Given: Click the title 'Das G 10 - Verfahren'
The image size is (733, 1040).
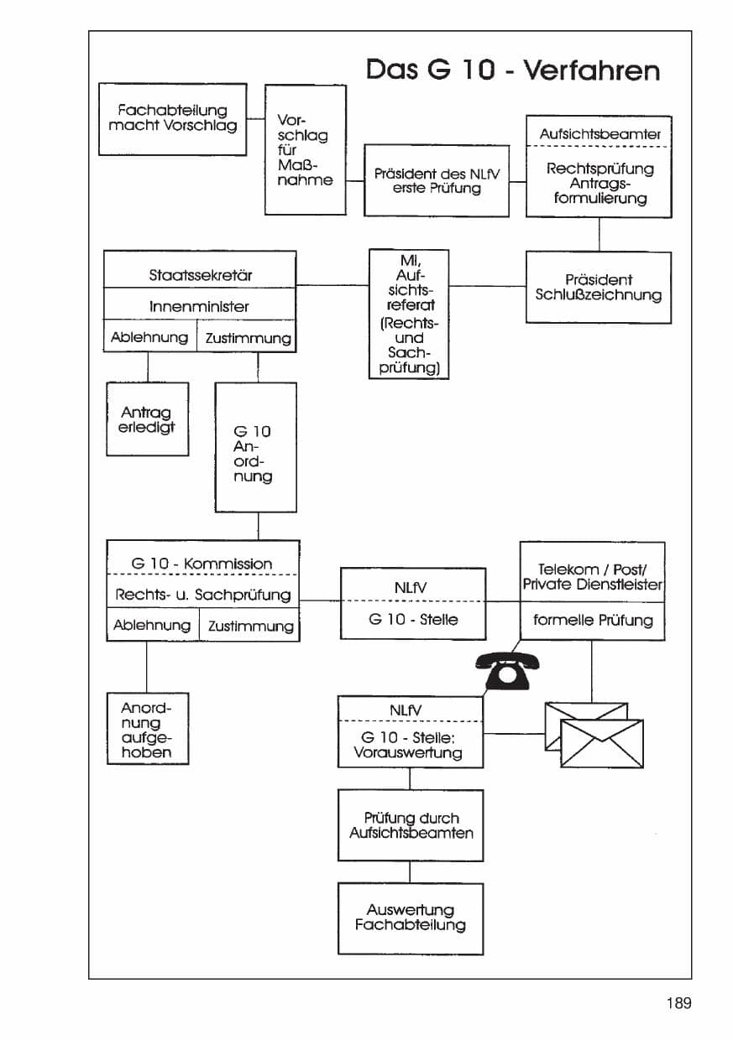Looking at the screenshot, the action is (x=513, y=70).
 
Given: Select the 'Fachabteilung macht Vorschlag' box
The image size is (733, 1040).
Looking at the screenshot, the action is (x=172, y=119).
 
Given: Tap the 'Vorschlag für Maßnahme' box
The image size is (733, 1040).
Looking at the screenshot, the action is (x=306, y=149).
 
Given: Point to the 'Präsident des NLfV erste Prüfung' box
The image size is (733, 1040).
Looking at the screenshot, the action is (x=437, y=180).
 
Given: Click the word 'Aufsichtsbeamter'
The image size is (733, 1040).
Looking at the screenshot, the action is (x=599, y=134).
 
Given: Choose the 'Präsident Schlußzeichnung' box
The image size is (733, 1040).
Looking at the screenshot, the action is (x=599, y=288).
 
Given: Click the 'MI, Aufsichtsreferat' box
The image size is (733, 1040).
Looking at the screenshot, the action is (x=409, y=315).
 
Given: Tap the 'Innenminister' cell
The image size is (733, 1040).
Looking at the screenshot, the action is (x=200, y=304).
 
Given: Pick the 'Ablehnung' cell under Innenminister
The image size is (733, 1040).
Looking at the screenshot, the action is (x=150, y=336).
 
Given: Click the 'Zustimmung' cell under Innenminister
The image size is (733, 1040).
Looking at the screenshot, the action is (x=247, y=336).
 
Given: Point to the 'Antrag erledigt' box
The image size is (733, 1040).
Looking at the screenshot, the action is (x=147, y=419).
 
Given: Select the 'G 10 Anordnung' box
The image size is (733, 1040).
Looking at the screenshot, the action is (x=255, y=448).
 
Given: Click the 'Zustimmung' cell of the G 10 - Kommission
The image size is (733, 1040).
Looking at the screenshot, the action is (x=249, y=625).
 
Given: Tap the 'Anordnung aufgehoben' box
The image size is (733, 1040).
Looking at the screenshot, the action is (x=148, y=729).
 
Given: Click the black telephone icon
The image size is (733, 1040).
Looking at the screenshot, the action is (x=507, y=670).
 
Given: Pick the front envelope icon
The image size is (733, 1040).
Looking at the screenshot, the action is (x=602, y=743).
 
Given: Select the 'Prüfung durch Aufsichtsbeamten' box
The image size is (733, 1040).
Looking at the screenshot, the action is (x=411, y=825).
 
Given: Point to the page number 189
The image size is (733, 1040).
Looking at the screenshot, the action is (x=679, y=1003).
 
